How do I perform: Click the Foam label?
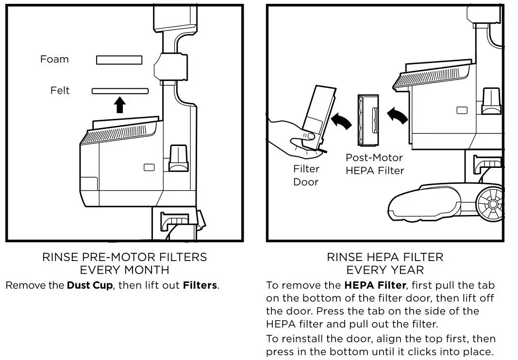54,59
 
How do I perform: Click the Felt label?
60,90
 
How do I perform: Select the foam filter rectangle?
119,60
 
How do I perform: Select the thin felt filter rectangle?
120,91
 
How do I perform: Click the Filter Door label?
306,176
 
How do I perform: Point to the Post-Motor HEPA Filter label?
374,164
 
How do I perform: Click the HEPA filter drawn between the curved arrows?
368,120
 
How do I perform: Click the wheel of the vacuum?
491,204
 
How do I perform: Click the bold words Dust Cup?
89,285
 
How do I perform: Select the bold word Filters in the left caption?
200,285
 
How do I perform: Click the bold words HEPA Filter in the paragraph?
375,285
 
